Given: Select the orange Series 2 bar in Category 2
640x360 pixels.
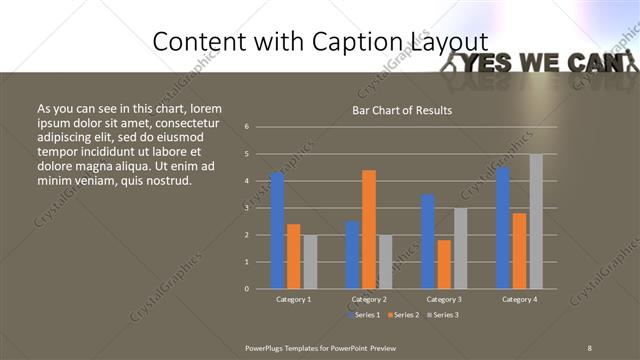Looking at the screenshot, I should point(369,229).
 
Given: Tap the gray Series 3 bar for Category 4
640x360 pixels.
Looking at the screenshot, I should point(536,221).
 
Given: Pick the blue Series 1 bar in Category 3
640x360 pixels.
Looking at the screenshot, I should point(428,241).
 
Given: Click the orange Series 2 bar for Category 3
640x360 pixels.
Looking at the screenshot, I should point(444,264).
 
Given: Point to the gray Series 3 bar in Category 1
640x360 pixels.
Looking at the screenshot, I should point(310,261).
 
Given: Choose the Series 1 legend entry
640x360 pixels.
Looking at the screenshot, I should point(365,315).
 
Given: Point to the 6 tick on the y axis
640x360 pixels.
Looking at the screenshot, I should point(246,127).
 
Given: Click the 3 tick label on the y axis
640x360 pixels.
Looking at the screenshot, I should point(246,208).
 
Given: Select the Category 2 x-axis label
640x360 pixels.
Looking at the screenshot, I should point(369,299).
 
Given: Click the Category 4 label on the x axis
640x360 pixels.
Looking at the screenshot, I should point(519,299).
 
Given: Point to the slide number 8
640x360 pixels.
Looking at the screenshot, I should point(589,347).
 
